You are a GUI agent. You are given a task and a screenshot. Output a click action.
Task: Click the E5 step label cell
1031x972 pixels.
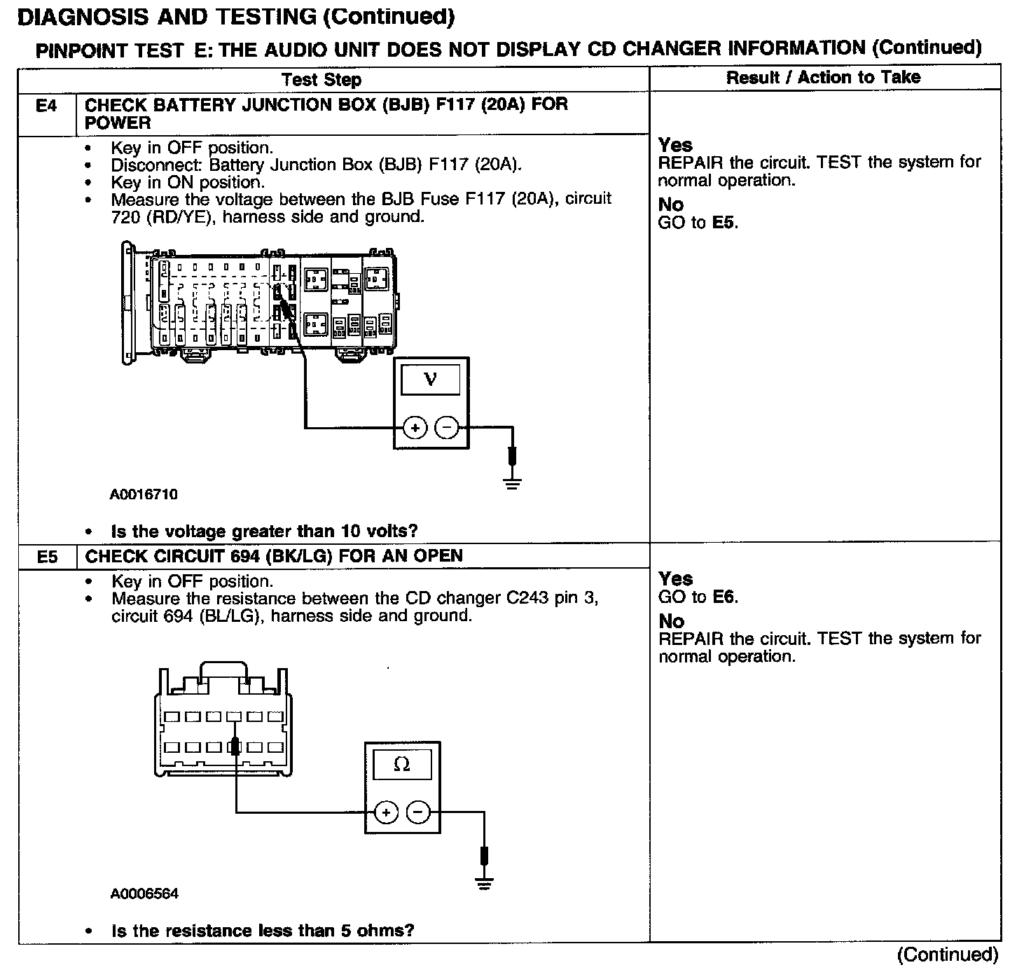[46, 557]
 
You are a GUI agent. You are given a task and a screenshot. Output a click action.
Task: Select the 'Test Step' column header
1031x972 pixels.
[321, 79]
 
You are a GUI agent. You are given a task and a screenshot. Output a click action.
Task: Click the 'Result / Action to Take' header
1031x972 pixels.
[823, 77]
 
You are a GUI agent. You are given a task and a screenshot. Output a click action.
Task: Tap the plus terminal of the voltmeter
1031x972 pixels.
[415, 427]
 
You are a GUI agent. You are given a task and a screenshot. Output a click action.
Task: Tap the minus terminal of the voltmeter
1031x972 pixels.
[447, 427]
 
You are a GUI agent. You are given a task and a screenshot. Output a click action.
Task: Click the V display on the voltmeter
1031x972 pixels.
[430, 380]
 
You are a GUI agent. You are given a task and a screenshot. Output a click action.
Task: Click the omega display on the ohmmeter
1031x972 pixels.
[402, 764]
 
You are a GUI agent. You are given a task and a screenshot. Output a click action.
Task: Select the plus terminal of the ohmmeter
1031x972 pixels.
[386, 812]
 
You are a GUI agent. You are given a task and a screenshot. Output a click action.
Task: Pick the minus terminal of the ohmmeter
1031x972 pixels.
[418, 812]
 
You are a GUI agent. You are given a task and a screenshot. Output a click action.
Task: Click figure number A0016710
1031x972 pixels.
[144, 494]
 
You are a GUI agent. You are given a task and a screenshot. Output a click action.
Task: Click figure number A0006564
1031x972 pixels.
[144, 894]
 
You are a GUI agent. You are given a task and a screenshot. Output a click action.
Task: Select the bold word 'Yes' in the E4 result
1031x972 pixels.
[675, 145]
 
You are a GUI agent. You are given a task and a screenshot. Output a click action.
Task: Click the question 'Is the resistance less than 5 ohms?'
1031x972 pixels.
[263, 931]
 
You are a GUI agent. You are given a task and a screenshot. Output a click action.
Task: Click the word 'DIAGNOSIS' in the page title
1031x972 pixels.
[85, 17]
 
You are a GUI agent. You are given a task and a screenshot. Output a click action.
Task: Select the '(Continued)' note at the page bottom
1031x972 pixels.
[947, 954]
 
